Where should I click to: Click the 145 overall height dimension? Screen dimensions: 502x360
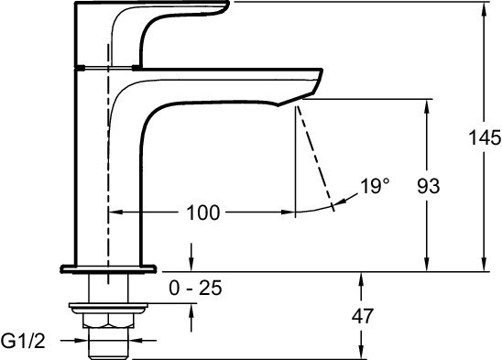485,137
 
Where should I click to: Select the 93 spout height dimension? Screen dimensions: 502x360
429,186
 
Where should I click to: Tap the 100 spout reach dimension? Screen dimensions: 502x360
203,213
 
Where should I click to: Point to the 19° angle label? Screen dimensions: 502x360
375,186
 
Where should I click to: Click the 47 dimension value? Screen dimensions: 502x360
363,316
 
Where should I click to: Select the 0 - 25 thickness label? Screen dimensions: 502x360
195,288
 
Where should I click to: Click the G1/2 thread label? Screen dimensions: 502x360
23,341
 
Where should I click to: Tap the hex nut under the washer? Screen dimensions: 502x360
108,321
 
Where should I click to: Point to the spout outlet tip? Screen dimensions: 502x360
296,101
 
